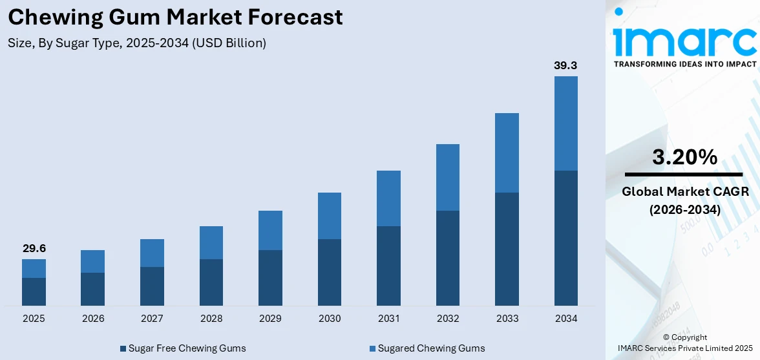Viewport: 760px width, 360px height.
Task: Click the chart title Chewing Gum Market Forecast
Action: click(176, 17)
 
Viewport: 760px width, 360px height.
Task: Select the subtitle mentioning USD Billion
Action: click(137, 44)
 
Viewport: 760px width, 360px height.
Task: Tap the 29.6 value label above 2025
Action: click(34, 249)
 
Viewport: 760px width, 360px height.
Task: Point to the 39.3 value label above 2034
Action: click(565, 66)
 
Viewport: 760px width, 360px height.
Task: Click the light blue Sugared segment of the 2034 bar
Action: click(565, 123)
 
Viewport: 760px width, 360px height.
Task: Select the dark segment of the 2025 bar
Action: click(34, 291)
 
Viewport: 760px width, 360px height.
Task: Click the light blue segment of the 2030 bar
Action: click(330, 216)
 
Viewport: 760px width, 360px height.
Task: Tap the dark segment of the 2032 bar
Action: click(448, 258)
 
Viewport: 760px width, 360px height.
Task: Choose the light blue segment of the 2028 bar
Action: click(211, 242)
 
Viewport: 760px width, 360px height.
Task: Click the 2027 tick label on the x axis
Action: click(152, 319)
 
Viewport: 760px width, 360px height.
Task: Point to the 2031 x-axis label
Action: click(388, 319)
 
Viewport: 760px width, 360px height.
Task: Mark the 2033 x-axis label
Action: click(507, 319)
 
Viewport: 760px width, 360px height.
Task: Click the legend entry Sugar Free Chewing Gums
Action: click(182, 348)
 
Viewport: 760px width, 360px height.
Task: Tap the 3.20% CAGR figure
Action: click(684, 157)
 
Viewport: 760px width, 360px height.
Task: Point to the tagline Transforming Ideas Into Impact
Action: click(684, 64)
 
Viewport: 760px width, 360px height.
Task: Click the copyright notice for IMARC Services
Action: click(684, 343)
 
